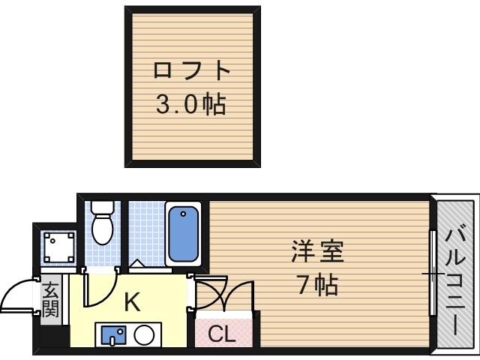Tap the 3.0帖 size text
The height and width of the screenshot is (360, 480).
[190, 105]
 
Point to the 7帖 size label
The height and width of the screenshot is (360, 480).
[316, 286]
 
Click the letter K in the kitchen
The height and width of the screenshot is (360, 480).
[131, 302]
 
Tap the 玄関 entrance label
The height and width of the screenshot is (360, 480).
[50, 298]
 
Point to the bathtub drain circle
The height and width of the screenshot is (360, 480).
[182, 217]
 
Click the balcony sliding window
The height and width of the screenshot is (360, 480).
[433, 274]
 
